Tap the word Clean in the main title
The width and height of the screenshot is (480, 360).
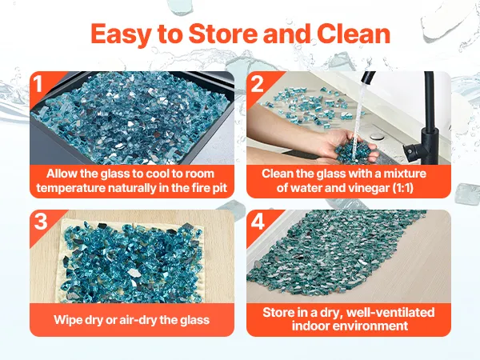click(354, 33)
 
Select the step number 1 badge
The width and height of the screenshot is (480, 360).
click(38, 83)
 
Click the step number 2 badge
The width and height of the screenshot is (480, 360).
click(257, 83)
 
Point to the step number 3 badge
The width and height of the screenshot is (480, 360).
click(41, 221)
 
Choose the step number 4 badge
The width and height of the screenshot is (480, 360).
click(258, 222)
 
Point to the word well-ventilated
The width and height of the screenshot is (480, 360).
click(390, 312)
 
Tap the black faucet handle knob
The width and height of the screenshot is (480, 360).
click(410, 151)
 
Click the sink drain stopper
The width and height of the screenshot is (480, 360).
click(375, 137)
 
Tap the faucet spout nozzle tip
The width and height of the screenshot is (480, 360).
click(365, 80)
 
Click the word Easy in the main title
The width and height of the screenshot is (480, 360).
click(121, 34)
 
